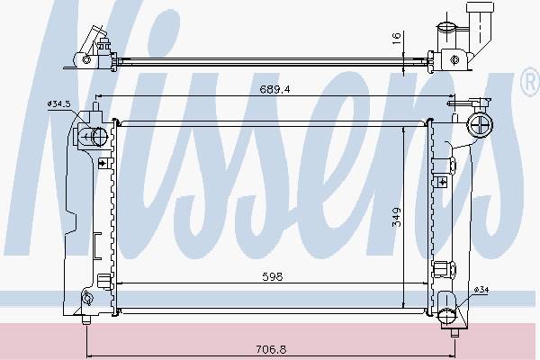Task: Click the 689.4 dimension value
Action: [x=274, y=90]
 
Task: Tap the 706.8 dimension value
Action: [x=271, y=350]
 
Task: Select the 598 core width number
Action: [x=272, y=276]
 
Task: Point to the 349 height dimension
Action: [x=397, y=217]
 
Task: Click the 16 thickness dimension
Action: [x=396, y=37]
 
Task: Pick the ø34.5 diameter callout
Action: [x=59, y=103]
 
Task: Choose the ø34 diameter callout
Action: [x=481, y=290]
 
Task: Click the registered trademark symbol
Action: [x=531, y=82]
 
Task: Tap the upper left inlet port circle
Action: [x=100, y=137]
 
